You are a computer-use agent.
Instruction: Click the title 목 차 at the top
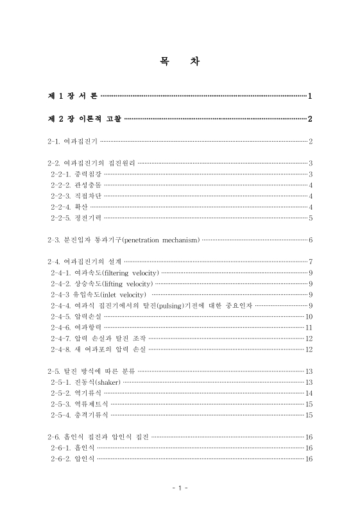(x=180, y=63)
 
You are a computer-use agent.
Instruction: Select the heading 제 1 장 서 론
(x=73, y=96)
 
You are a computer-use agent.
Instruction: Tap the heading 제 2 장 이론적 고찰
(x=84, y=119)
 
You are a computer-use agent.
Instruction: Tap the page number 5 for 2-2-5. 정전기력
(x=311, y=218)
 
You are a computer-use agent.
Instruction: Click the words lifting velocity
(x=126, y=283)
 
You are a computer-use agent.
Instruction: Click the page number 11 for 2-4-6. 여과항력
(x=309, y=327)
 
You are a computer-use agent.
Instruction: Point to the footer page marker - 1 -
(x=180, y=489)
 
